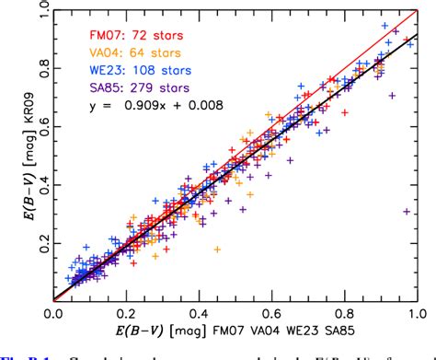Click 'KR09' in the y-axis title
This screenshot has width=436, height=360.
(x=14, y=92)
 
